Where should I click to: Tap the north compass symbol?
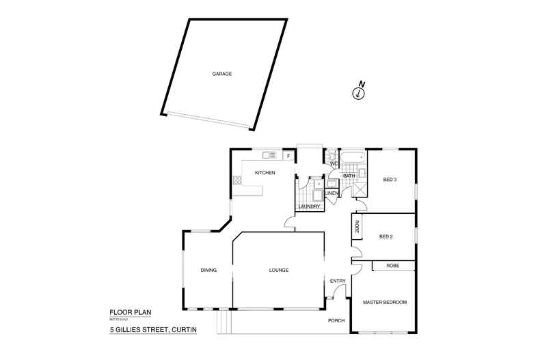click(358, 94)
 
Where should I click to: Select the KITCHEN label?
click(265, 173)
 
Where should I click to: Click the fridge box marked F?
click(288, 156)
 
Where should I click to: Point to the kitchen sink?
click(268, 155)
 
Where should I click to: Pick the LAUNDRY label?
click(310, 206)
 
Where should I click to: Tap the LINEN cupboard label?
click(332, 193)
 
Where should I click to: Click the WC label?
click(334, 164)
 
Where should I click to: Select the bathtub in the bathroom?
click(353, 158)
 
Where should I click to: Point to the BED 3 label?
click(390, 180)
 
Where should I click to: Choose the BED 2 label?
click(386, 237)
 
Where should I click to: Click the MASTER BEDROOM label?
click(385, 302)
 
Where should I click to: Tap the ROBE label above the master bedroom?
click(392, 265)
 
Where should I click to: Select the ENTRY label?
click(338, 281)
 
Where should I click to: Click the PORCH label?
click(336, 320)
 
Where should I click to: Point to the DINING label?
click(208, 271)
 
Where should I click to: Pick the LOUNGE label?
click(278, 271)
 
